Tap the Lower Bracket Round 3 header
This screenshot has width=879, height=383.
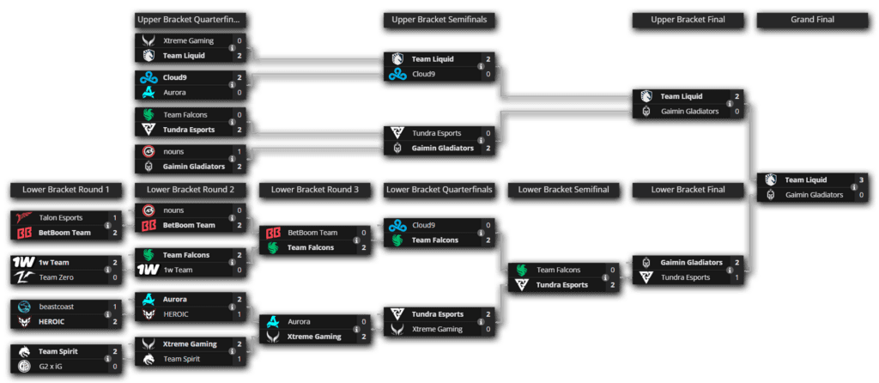314,189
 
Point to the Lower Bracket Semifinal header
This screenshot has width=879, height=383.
565,189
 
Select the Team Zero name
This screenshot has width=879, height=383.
57,277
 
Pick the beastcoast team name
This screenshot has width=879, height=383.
58,307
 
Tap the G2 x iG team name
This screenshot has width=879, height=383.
55,366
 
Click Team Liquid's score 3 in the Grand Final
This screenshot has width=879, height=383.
861,179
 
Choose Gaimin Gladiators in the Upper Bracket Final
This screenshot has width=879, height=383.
688,112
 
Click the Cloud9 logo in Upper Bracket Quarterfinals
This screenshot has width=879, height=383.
148,77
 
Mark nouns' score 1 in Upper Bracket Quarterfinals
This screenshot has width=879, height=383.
239,151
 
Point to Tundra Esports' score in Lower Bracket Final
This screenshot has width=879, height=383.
737,277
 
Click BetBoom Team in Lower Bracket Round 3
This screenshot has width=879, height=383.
312,233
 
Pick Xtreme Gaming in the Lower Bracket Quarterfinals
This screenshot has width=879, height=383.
438,329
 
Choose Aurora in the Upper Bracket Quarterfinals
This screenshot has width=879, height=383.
175,92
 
